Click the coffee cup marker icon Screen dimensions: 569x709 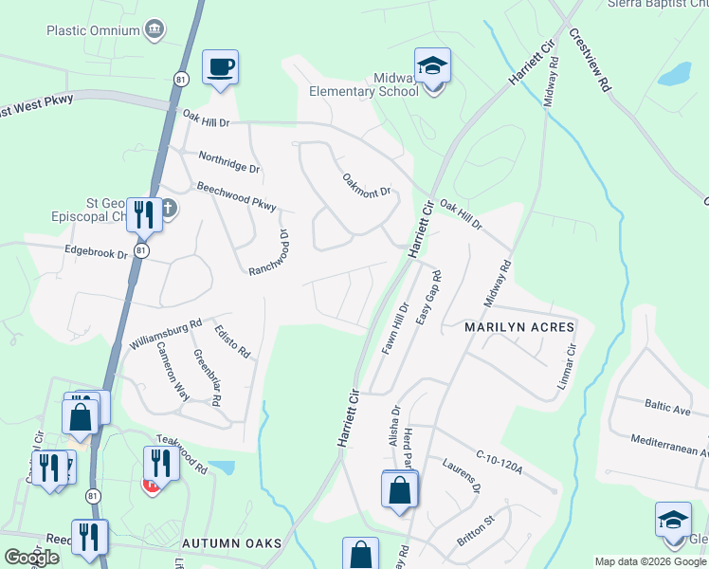221,67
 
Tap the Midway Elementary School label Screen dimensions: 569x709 364,83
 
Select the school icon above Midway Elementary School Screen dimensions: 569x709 432,66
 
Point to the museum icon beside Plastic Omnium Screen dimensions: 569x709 154,30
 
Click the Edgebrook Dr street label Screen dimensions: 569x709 96,253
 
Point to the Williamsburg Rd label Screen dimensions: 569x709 167,336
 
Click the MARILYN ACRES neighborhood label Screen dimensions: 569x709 519,327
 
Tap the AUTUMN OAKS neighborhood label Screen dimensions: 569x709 232,542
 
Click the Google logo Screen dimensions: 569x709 30,558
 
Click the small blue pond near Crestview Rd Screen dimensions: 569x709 675,74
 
